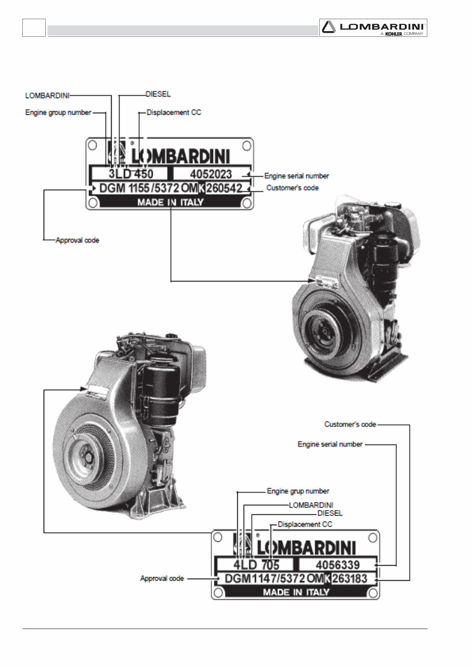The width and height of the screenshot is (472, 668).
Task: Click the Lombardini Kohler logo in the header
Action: coord(373,28)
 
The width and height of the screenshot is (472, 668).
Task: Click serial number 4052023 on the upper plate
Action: coord(210,173)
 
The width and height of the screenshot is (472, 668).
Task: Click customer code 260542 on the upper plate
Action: coord(224,188)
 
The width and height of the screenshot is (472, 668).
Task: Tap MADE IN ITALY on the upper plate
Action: coord(170,203)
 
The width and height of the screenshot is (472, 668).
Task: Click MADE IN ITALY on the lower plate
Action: coord(296,592)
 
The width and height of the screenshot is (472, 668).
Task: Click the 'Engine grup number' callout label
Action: coord(298,491)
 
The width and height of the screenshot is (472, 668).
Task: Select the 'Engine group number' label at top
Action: coord(58,112)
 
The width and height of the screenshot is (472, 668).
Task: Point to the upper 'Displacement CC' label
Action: coord(173,112)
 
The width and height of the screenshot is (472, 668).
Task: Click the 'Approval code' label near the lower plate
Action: coord(161,578)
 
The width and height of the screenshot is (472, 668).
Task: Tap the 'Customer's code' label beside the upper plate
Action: coord(292,188)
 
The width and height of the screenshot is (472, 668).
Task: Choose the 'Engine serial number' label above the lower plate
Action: coord(330,445)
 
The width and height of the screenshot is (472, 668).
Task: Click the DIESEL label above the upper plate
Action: coord(158,95)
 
